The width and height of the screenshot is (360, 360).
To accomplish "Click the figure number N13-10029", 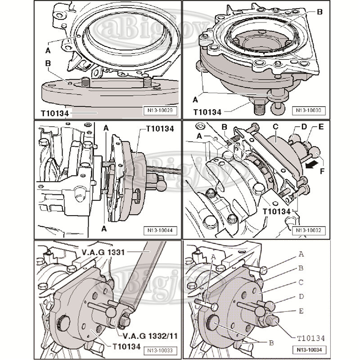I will pyautogui.click(x=156, y=109).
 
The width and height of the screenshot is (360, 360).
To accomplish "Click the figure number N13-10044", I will pyautogui.click(x=156, y=230).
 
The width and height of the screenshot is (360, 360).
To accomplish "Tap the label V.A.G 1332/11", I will pyautogui.click(x=138, y=336).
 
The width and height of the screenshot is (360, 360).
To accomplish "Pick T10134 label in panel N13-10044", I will pyautogui.click(x=160, y=129).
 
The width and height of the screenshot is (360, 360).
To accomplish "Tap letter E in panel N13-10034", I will pyautogui.click(x=301, y=311).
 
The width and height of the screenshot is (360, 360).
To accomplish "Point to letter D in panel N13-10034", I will pyautogui.click(x=301, y=297).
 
